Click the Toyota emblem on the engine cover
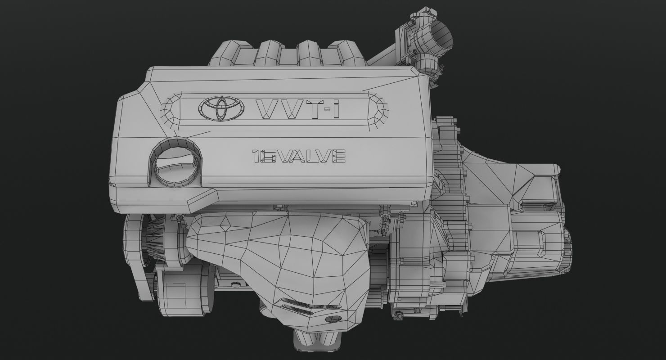(221, 108)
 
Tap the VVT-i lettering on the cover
(297, 109)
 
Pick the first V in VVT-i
(267, 109)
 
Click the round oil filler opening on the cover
(174, 164)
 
